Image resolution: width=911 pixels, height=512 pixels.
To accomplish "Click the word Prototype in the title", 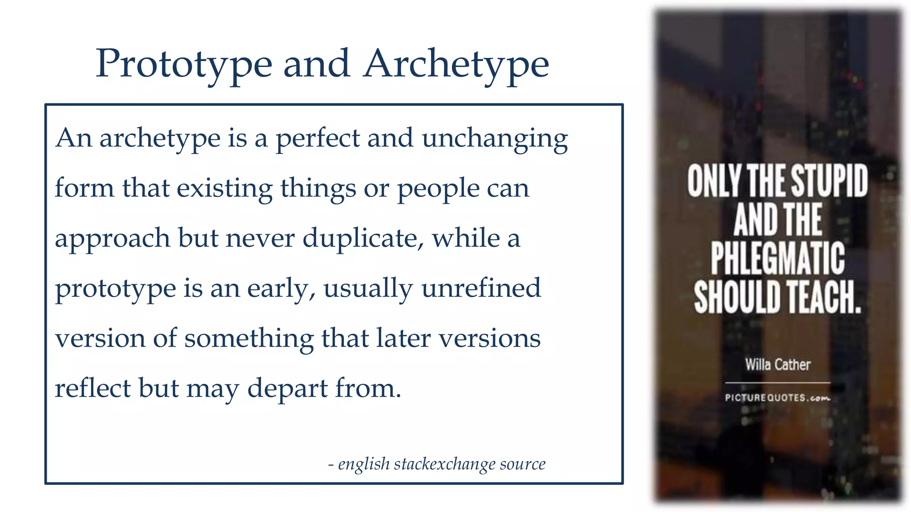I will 184,64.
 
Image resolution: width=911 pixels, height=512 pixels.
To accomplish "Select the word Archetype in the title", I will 456,64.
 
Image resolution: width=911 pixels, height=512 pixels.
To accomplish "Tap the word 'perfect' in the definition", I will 318,138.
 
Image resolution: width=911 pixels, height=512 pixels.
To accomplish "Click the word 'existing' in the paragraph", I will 225,188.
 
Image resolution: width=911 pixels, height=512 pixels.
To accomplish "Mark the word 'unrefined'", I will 481,288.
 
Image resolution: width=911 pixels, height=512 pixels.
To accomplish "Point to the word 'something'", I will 249,339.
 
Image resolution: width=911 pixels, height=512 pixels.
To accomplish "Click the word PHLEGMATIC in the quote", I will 778,259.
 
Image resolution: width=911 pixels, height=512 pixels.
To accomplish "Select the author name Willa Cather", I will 778,365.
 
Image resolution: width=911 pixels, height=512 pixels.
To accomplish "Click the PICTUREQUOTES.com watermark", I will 778,398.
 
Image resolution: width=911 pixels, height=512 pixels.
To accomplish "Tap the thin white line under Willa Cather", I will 778,383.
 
